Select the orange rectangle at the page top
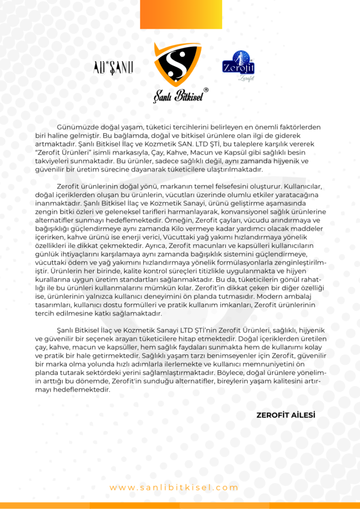pyautogui.click(x=174, y=14)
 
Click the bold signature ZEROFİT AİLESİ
pyautogui.click(x=285, y=415)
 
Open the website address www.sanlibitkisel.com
pyautogui.click(x=174, y=488)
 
